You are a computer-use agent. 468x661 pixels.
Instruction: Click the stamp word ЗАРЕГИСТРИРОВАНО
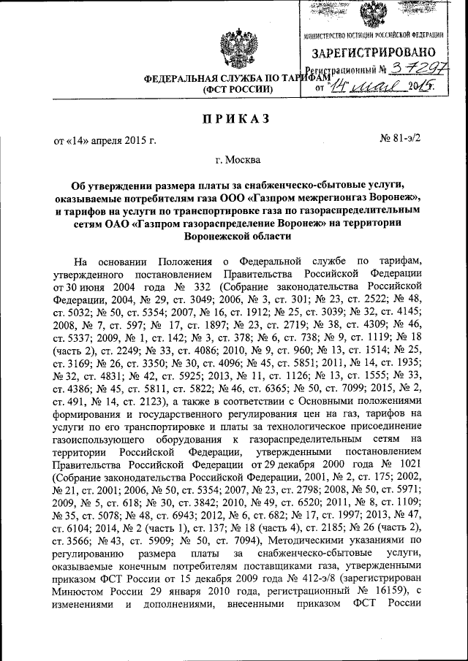click(374, 53)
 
